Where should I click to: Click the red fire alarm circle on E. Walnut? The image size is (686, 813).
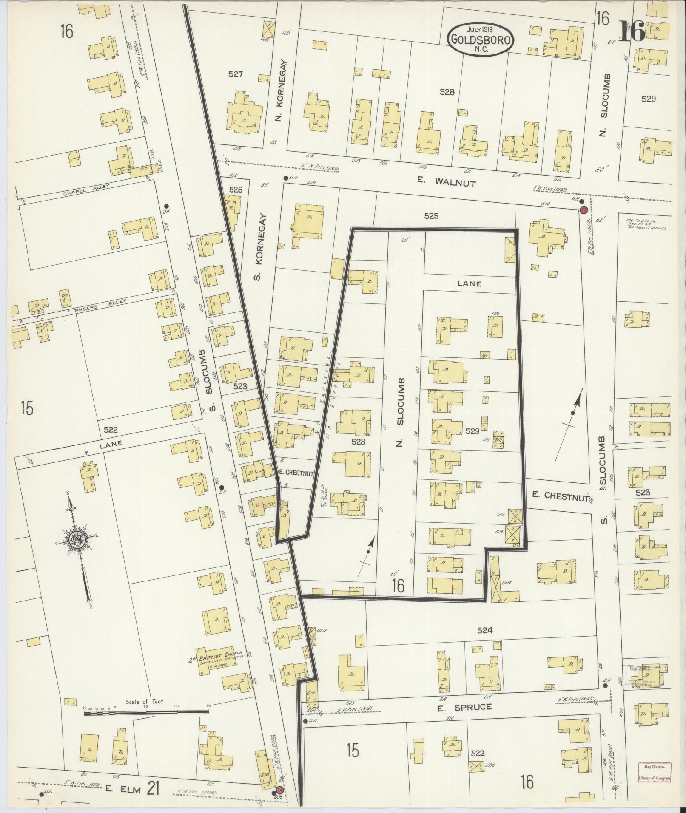tap(584, 210)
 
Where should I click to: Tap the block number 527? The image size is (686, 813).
tap(235, 75)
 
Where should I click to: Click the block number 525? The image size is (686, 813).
tap(431, 216)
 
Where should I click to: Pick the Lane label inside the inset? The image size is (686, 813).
tap(469, 284)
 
